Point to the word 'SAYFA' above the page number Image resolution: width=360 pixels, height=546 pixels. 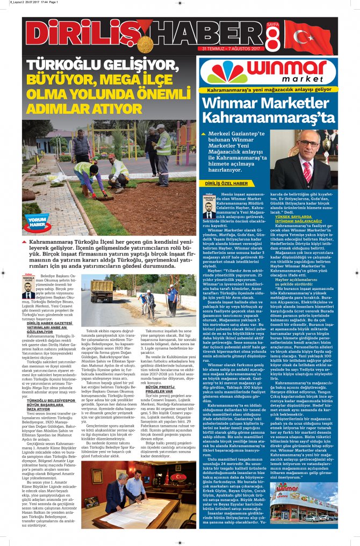tap(273, 25)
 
